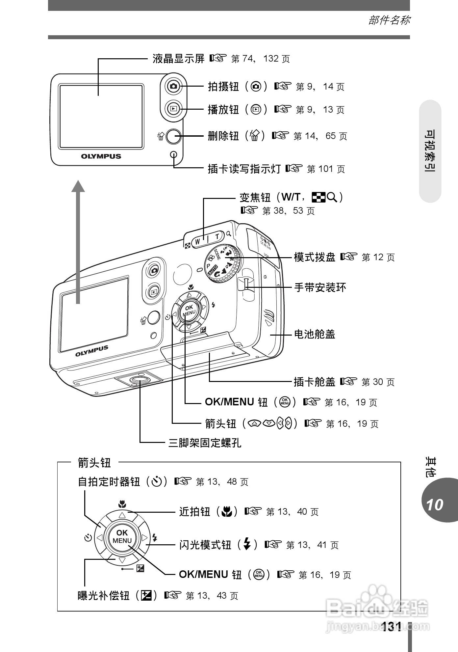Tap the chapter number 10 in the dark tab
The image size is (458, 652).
click(435, 505)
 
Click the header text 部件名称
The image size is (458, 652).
click(389, 20)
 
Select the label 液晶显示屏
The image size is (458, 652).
click(178, 59)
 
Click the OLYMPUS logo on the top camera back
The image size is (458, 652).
click(101, 156)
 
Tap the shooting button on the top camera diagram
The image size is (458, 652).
click(173, 87)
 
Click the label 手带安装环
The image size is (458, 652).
click(320, 288)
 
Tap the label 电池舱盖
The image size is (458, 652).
click(314, 335)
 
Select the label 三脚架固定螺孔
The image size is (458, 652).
click(205, 443)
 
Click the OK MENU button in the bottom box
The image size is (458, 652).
click(122, 536)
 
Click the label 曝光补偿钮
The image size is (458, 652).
click(103, 595)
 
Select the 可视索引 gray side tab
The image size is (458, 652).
click(430, 151)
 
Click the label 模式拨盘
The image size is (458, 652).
click(314, 257)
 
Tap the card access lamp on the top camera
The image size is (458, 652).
click(173, 154)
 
